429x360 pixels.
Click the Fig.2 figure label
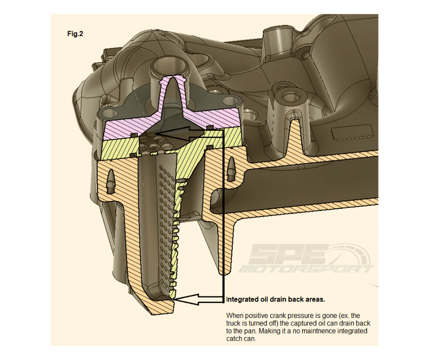[75, 34]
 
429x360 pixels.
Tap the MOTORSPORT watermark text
[306, 269]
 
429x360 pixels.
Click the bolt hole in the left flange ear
[109, 112]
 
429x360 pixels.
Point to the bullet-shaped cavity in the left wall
[112, 181]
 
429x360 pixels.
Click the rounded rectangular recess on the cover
[352, 133]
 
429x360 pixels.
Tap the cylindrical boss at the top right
[275, 39]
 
